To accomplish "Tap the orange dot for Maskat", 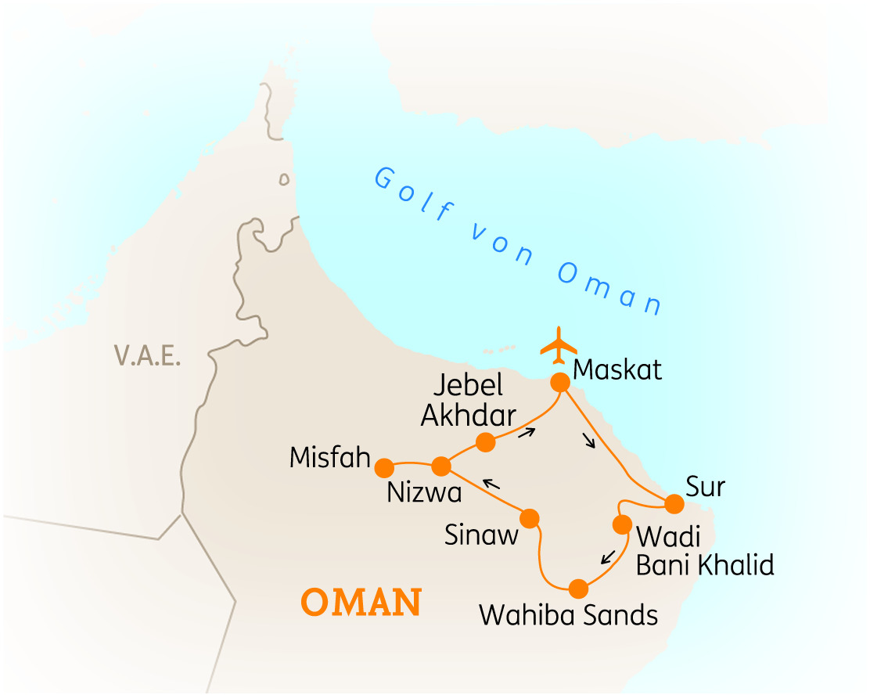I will pos(560,382).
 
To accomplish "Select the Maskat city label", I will pos(617,369).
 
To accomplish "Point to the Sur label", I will pos(705,487).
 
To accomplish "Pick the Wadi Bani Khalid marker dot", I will pos(623,524).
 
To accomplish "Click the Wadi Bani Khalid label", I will pos(704,551).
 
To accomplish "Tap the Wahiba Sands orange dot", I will pos(578,589).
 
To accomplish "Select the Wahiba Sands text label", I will pos(568,615).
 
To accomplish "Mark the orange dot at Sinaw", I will pos(530,518).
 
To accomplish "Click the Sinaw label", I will pos(481,535).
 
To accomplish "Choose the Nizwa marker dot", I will pos(440,466).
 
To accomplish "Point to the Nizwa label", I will pos(424,494).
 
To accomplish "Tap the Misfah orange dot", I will pos(384,468).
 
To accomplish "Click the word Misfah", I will pos(329,458).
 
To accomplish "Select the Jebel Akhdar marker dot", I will pos(486,443).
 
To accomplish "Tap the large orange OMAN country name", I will pos(362,603).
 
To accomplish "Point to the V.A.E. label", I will pos(147,356).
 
